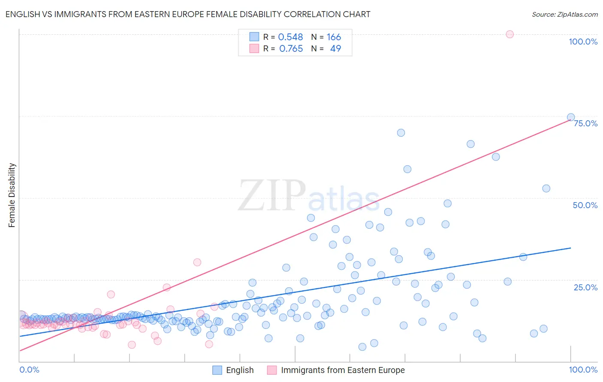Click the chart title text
(x=188, y=14)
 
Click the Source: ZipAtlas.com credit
(x=564, y=14)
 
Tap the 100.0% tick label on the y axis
(x=583, y=42)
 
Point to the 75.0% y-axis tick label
(x=585, y=123)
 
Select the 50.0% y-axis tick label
(x=585, y=205)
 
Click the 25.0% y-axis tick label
(x=585, y=287)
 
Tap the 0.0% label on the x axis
(x=29, y=370)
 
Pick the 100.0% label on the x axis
(x=583, y=370)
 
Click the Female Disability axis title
(x=12, y=195)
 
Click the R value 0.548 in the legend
(x=290, y=37)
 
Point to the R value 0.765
(x=291, y=49)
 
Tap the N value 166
(x=334, y=37)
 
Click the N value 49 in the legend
(x=335, y=49)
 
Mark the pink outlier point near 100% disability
(x=510, y=34)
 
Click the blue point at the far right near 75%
(x=571, y=117)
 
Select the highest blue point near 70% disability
(x=401, y=133)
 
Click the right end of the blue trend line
(x=571, y=248)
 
